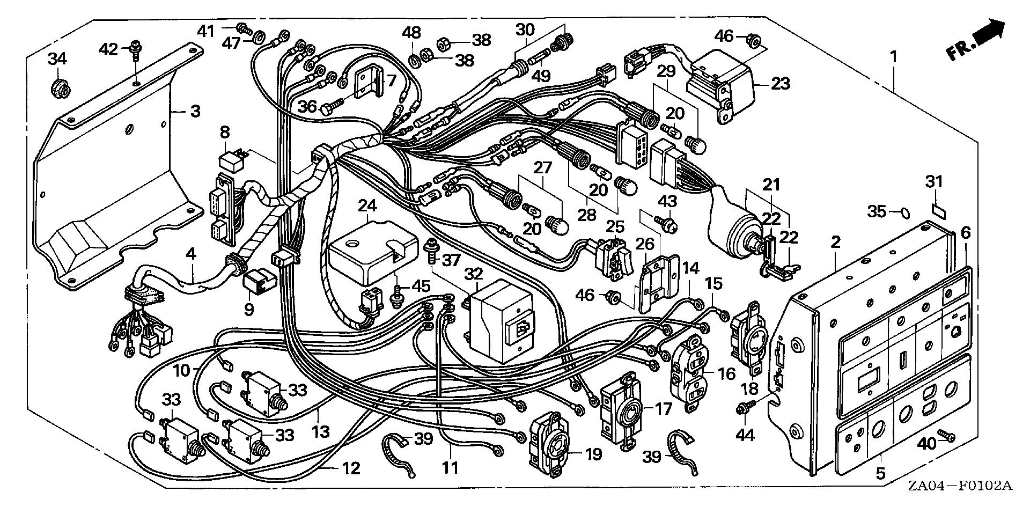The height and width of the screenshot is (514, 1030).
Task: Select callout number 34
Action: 57,58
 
